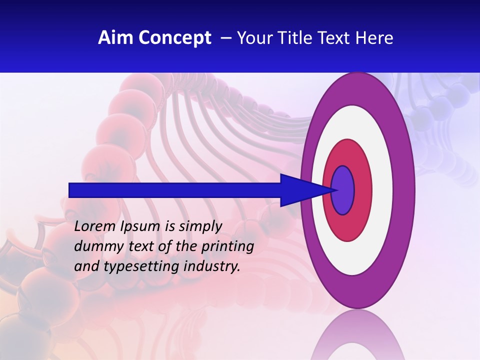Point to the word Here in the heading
click(x=374, y=38)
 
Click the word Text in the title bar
click(x=333, y=38)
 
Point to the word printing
click(x=227, y=246)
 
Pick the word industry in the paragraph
click(x=212, y=266)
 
